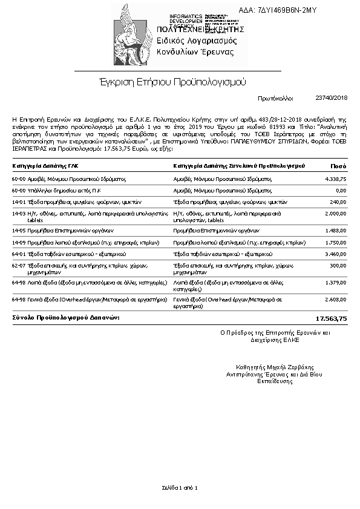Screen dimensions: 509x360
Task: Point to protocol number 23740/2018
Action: coord(331,97)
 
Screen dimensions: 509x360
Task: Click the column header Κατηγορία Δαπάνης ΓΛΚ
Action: coord(45,166)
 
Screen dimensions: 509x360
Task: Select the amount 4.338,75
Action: coord(335,180)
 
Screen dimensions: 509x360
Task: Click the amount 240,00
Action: coord(338,202)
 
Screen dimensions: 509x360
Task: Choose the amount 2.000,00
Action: coord(335,214)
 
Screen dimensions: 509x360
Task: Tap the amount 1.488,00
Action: coord(335,231)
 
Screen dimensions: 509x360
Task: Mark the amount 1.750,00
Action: coord(335,243)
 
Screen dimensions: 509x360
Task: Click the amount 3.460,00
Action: coord(335,254)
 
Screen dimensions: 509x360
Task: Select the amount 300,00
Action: coord(338,266)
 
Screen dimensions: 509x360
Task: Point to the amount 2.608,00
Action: coord(335,300)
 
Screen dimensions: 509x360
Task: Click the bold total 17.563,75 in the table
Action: coord(331,318)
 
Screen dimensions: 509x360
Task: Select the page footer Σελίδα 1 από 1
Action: coord(180,487)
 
